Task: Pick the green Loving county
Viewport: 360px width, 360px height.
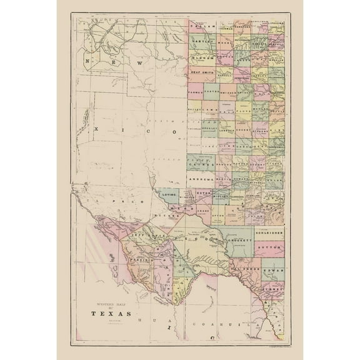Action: point(169,195)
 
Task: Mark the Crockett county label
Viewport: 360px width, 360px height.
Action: point(240,239)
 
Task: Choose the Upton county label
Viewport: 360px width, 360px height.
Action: point(218,215)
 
